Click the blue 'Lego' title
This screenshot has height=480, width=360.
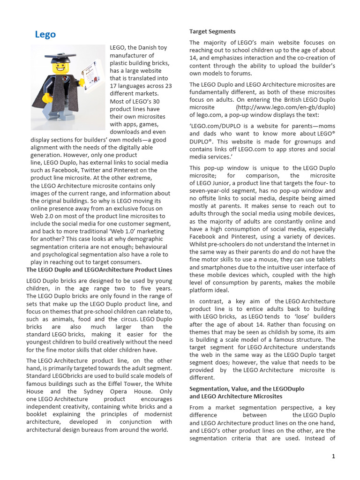coord(45,34)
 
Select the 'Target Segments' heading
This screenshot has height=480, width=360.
coord(212,31)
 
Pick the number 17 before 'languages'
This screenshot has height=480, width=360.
coord(113,86)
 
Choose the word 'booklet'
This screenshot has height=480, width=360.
coord(38,414)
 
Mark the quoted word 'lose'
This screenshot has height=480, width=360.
coord(304,316)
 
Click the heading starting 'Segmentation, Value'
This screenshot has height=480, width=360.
coord(247,389)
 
